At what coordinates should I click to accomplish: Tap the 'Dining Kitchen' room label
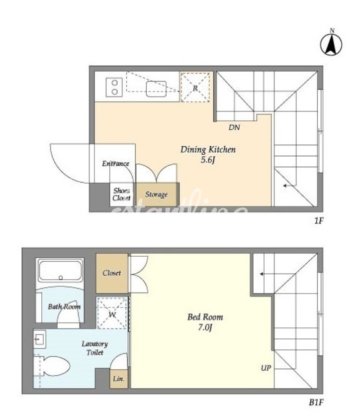coord(208,150)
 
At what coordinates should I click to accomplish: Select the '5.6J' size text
coord(207,160)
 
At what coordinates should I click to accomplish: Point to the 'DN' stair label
coord(234,127)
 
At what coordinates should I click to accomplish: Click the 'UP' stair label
coord(266,368)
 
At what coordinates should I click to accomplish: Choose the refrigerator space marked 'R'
coord(195,88)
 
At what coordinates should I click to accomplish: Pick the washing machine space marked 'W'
coord(112,313)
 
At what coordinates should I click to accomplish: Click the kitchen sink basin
coord(156,89)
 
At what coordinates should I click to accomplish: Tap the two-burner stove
coord(114,87)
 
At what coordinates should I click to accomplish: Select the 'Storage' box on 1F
coord(157,195)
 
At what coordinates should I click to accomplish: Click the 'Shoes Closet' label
coord(121,195)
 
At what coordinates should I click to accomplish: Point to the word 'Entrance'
coord(115,164)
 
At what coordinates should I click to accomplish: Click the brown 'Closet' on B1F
coord(112,273)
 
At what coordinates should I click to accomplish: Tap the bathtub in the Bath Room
coord(60,271)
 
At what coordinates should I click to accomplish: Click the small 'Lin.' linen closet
coord(119,379)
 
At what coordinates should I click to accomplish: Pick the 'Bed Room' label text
coord(205,317)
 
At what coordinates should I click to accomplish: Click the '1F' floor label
coord(319,221)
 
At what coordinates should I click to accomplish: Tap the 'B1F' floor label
coord(316,403)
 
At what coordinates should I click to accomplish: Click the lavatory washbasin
coord(40,339)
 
